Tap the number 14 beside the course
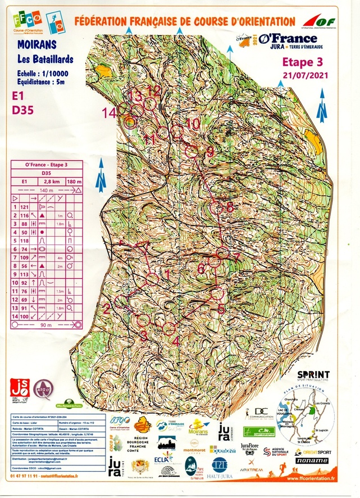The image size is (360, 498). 109,112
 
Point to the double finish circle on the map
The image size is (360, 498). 130,121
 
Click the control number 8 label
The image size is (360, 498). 229,207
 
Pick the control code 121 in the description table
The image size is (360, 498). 25,207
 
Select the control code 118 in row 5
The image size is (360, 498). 25,240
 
